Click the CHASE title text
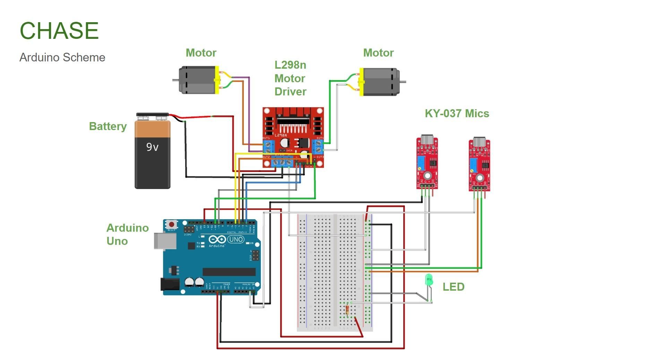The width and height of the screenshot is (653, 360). pyautogui.click(x=59, y=31)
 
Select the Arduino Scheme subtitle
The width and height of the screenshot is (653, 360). pyautogui.click(x=62, y=57)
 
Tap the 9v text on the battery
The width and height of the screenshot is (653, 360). pyautogui.click(x=152, y=147)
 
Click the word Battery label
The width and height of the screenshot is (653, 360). pyautogui.click(x=108, y=126)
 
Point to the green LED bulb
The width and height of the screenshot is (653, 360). pyautogui.click(x=429, y=280)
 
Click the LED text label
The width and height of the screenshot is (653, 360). pyautogui.click(x=453, y=287)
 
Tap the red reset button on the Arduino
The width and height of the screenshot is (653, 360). pyautogui.click(x=171, y=224)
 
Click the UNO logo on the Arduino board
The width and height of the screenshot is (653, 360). pyautogui.click(x=236, y=239)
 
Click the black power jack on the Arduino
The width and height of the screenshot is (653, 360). pyautogui.click(x=170, y=284)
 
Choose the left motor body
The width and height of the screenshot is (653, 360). pyautogui.click(x=197, y=80)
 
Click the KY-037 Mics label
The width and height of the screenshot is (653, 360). pyautogui.click(x=457, y=113)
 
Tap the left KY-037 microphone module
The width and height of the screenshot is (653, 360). pyautogui.click(x=427, y=163)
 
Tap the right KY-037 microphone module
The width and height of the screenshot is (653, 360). pyautogui.click(x=479, y=165)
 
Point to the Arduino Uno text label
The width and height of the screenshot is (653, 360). pyautogui.click(x=127, y=234)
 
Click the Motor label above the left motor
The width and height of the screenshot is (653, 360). pyautogui.click(x=201, y=53)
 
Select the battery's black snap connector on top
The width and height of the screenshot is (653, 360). pyautogui.click(x=152, y=115)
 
